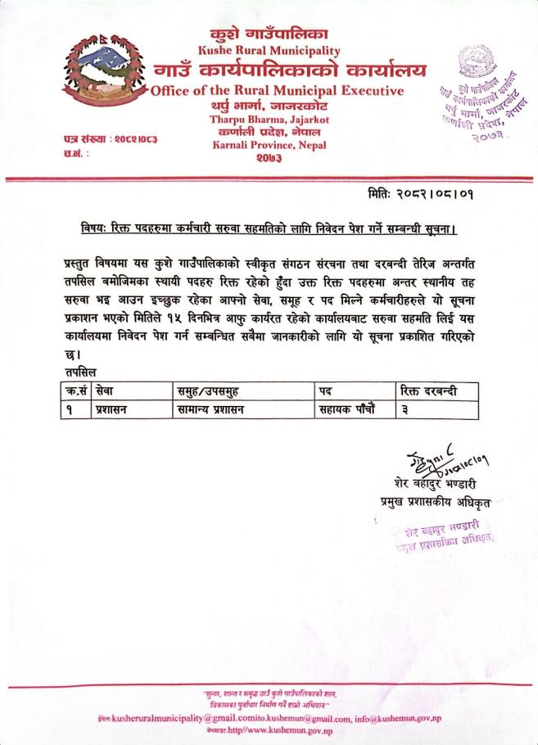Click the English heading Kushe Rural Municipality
click(x=269, y=52)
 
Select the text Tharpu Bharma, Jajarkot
click(x=269, y=120)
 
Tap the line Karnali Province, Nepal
click(x=269, y=146)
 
